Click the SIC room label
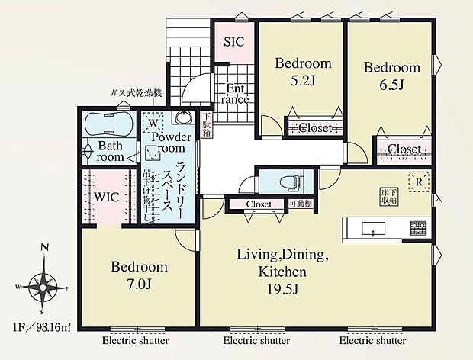pyautogui.click(x=234, y=43)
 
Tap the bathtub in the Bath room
pyautogui.click(x=107, y=124)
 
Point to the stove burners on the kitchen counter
pyautogui.click(x=419, y=227)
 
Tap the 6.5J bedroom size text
pyautogui.click(x=391, y=84)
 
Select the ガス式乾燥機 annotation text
pyautogui.click(x=134, y=93)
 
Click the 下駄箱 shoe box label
pyautogui.click(x=205, y=125)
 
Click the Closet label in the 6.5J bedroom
pyautogui.click(x=403, y=149)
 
